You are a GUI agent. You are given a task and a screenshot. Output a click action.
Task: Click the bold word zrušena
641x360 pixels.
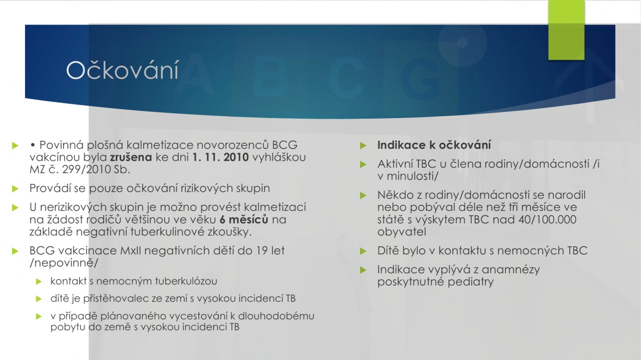(x=131, y=157)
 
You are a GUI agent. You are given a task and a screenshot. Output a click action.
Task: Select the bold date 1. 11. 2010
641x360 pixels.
(x=220, y=157)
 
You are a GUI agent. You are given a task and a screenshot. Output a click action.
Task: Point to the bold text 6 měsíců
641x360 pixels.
(x=244, y=219)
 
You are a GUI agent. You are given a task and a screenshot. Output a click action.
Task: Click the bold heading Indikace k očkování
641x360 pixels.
(x=434, y=145)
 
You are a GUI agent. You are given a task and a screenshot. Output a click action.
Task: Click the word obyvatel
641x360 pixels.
(x=402, y=232)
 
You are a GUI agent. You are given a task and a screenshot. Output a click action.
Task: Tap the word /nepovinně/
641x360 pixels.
(x=64, y=263)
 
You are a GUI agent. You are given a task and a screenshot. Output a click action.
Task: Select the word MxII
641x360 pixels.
(x=131, y=251)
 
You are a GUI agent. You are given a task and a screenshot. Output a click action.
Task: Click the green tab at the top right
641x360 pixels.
(x=566, y=30)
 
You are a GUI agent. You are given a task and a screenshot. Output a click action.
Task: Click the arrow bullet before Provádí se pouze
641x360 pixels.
(x=15, y=189)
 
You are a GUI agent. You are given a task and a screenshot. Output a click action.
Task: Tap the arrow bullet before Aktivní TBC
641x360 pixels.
(x=363, y=164)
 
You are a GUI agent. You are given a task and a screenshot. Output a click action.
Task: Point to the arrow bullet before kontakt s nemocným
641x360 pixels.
(x=39, y=281)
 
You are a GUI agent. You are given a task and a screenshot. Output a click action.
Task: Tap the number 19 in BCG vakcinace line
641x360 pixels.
(x=261, y=251)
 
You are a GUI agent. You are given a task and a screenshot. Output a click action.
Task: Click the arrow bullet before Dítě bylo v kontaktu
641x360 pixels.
(x=363, y=251)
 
